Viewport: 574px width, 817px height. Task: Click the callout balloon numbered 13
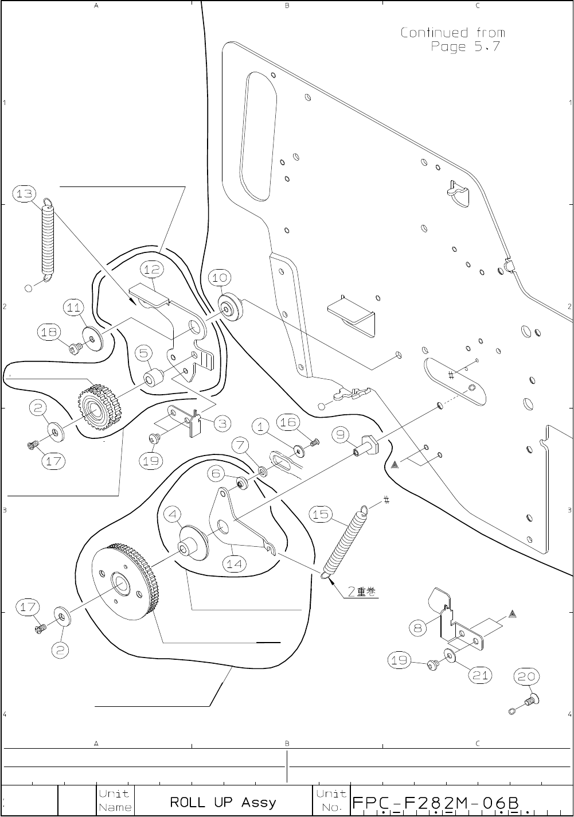25,194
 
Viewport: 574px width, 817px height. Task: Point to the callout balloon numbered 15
321,515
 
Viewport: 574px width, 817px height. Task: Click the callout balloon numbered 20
525,677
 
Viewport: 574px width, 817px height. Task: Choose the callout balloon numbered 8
418,628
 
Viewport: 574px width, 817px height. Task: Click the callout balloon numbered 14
234,563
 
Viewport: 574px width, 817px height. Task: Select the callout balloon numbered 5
143,353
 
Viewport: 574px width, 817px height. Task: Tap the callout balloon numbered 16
287,422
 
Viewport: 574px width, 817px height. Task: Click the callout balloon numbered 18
49,332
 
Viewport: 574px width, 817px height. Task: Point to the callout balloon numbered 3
222,424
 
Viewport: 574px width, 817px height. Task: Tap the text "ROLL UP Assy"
223,802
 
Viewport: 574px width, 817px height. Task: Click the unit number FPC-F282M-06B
436,802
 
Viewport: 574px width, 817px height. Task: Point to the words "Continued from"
452,33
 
